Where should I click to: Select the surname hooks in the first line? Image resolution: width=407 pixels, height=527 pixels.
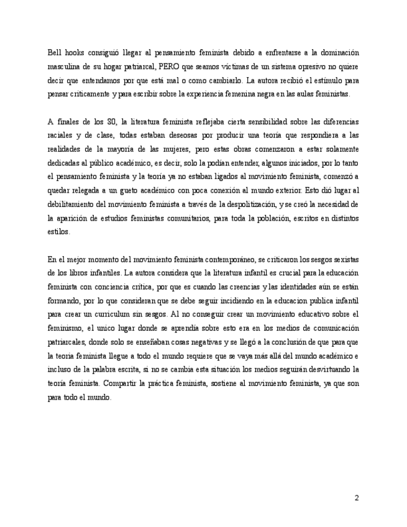[77, 53]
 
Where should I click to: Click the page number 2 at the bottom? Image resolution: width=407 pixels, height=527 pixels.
[357, 497]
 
